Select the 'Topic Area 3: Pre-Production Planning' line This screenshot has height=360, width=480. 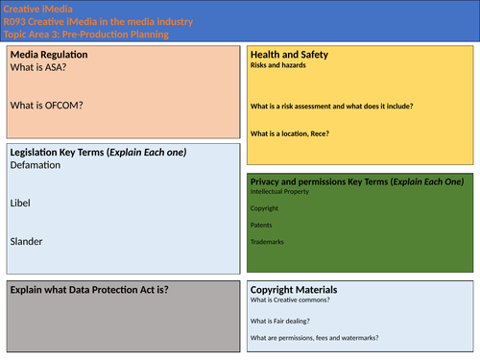86,35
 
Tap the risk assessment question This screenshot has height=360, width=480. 331,106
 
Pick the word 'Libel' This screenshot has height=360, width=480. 20,204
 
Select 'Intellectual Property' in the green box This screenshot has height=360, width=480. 283,192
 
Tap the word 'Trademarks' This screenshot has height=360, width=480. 269,241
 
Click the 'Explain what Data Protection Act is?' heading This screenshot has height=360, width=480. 88,289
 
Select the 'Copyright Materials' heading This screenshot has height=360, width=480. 294,289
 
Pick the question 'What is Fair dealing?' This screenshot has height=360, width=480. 286,321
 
